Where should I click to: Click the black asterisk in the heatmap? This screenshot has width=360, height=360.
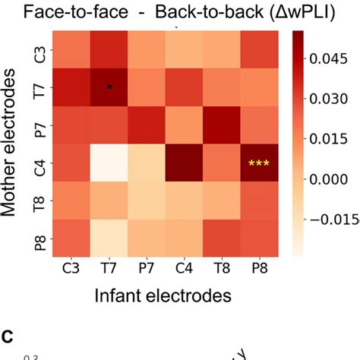click(111, 87)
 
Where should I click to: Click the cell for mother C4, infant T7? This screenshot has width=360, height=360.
click(111, 163)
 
